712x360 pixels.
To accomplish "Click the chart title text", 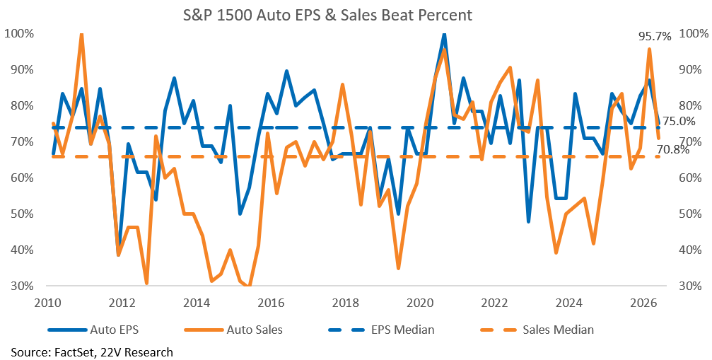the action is (327, 16).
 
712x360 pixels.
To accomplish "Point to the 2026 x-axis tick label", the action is (647, 301).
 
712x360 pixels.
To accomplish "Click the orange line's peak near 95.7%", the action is (649, 49).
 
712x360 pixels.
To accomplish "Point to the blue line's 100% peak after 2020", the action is (444, 35).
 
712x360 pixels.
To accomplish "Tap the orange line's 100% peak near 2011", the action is (82, 34).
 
